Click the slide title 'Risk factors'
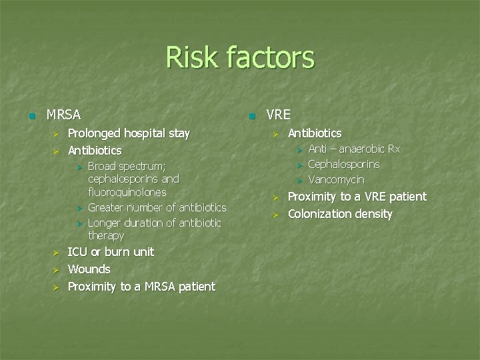click(239, 57)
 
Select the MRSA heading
click(63, 115)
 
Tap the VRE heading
click(278, 115)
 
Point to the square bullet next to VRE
click(251, 115)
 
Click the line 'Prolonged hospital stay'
click(129, 133)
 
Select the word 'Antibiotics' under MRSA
click(95, 151)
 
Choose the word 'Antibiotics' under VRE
click(314, 133)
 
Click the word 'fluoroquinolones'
click(127, 192)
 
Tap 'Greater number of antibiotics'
click(157, 207)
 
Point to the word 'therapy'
click(106, 236)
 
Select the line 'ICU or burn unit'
click(111, 252)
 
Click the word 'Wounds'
click(89, 269)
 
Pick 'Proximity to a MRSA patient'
click(141, 287)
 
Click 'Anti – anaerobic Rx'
click(353, 149)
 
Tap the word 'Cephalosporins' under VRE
click(343, 164)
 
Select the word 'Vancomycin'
click(336, 180)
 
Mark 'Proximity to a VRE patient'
click(357, 197)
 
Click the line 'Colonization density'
click(339, 214)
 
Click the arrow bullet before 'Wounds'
click(57, 270)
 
